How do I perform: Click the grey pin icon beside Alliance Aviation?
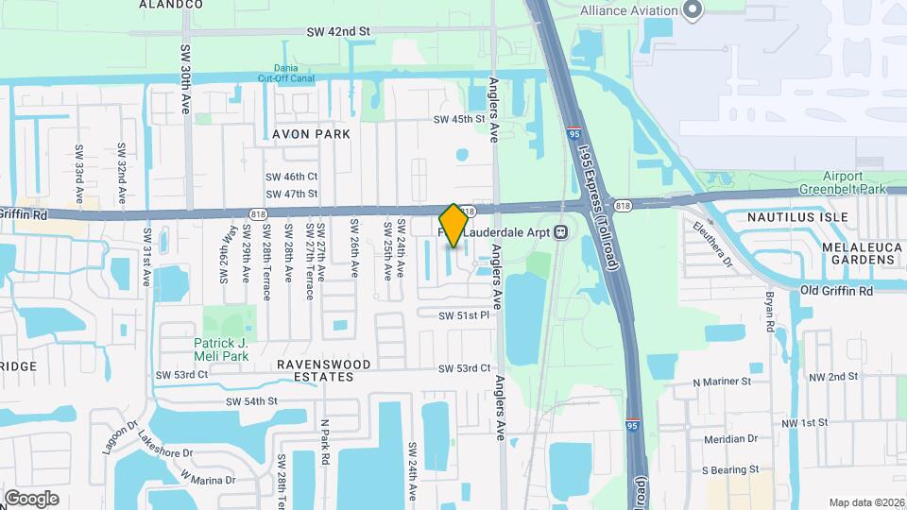pyautogui.click(x=693, y=10)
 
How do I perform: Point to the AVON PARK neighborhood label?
pyautogui.click(x=311, y=134)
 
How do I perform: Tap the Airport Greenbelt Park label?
pyautogui.click(x=841, y=182)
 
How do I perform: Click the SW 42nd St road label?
pyautogui.click(x=337, y=31)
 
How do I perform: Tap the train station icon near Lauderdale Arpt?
pyautogui.click(x=560, y=230)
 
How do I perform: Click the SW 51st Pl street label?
pyautogui.click(x=467, y=314)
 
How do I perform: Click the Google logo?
pyautogui.click(x=31, y=498)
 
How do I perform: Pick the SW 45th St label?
pyautogui.click(x=459, y=120)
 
